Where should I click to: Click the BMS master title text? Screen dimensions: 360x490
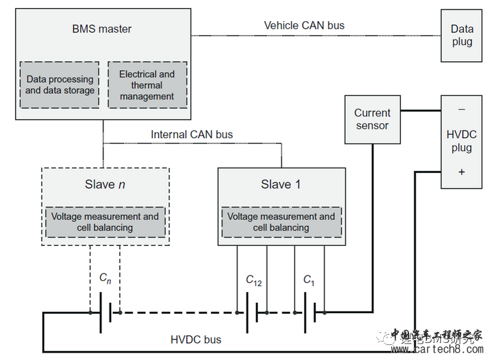coord(101,29)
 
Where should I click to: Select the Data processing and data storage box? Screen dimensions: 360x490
coord(60,85)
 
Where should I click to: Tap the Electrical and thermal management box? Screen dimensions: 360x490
coord(147,85)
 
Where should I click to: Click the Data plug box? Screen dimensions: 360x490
coord(462,35)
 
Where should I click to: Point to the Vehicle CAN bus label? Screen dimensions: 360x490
coord(304,26)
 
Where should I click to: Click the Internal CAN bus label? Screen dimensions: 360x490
coord(192,135)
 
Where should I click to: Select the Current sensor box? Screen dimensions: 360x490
coord(372,119)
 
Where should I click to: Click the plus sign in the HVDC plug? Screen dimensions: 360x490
coord(462,172)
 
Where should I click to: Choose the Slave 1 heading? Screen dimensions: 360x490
coord(280,184)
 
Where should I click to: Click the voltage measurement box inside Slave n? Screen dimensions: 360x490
coord(105,222)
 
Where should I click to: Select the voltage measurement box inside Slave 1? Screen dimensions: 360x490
coord(281,222)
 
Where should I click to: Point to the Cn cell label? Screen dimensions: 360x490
coord(105,278)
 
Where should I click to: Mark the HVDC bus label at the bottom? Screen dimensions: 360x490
coord(196,339)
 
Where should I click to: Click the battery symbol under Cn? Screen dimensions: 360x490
coord(105,312)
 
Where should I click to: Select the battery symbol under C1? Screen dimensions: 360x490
coord(310,312)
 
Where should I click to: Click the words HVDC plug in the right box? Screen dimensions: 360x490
coord(462,141)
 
